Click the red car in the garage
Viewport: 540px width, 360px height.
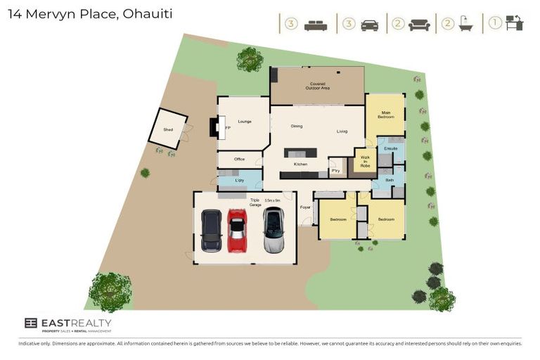click(238, 231)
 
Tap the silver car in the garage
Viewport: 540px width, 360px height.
click(273, 230)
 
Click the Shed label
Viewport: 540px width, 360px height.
click(168, 129)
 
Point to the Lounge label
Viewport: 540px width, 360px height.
click(245, 122)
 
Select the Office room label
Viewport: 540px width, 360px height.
click(239, 160)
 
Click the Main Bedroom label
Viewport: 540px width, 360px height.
click(386, 115)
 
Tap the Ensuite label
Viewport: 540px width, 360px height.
click(392, 149)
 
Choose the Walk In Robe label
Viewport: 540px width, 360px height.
click(366, 162)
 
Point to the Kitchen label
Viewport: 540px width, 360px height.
click(300, 164)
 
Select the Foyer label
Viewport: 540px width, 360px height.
click(305, 207)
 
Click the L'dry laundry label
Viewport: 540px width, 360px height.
click(240, 181)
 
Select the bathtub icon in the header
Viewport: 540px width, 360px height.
click(465, 25)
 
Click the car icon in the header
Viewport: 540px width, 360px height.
click(369, 25)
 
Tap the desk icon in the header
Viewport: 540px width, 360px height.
click(515, 25)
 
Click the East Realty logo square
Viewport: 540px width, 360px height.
click(30, 323)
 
